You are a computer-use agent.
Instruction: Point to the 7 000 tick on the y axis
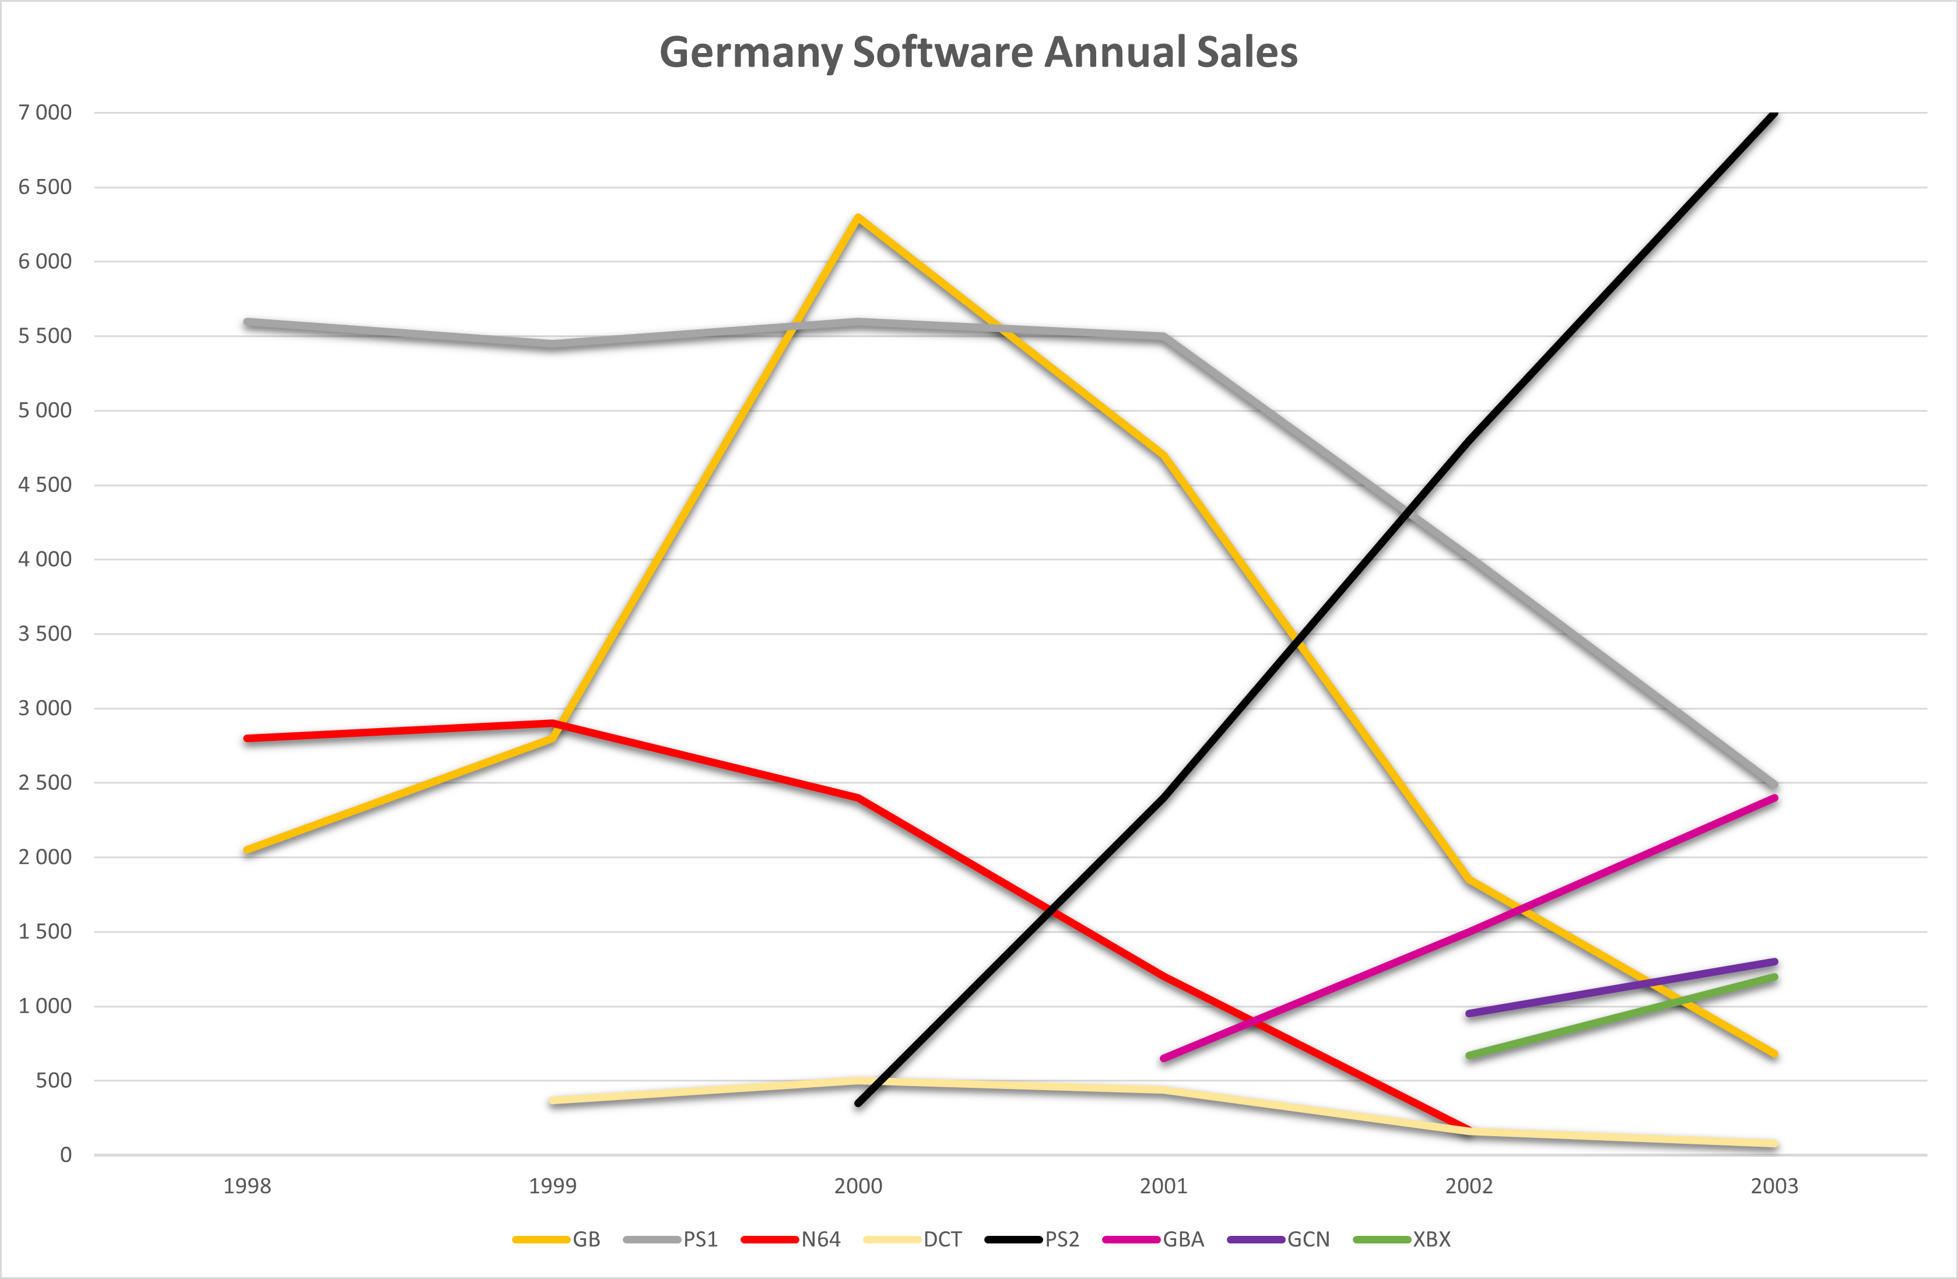click(x=45, y=113)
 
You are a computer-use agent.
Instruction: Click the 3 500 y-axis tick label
click(x=45, y=633)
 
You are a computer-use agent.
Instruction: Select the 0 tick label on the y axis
click(x=66, y=1155)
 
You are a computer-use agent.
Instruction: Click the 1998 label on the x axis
click(x=247, y=1186)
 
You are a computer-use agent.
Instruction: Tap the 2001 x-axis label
click(x=1163, y=1186)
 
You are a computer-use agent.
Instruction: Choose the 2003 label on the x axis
click(x=1774, y=1186)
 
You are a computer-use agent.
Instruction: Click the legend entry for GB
click(x=557, y=1239)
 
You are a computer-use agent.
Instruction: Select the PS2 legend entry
click(x=1031, y=1239)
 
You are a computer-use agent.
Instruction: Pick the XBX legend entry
click(x=1402, y=1239)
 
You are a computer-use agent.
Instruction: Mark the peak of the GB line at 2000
click(x=858, y=218)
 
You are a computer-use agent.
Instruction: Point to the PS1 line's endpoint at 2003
click(x=1774, y=785)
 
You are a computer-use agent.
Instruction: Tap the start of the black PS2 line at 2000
click(x=858, y=1103)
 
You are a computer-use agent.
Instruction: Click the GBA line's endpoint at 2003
click(x=1774, y=798)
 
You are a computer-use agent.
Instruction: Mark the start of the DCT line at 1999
click(x=553, y=1101)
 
